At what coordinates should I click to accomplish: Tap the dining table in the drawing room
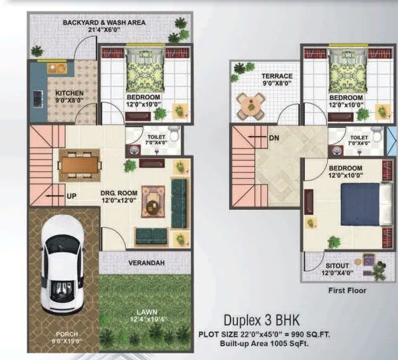[80, 161]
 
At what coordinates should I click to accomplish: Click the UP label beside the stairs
[72, 197]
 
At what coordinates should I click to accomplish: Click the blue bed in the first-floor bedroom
[364, 204]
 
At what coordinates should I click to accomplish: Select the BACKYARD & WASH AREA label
[104, 22]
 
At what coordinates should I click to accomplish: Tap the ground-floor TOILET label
[157, 136]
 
